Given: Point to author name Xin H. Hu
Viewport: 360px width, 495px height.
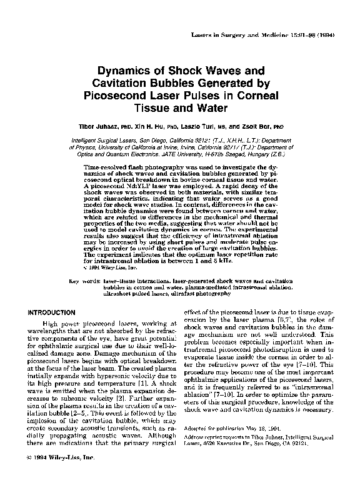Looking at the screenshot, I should [x=151, y=124].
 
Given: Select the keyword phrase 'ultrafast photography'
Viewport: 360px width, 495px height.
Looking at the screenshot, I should [x=201, y=292].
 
